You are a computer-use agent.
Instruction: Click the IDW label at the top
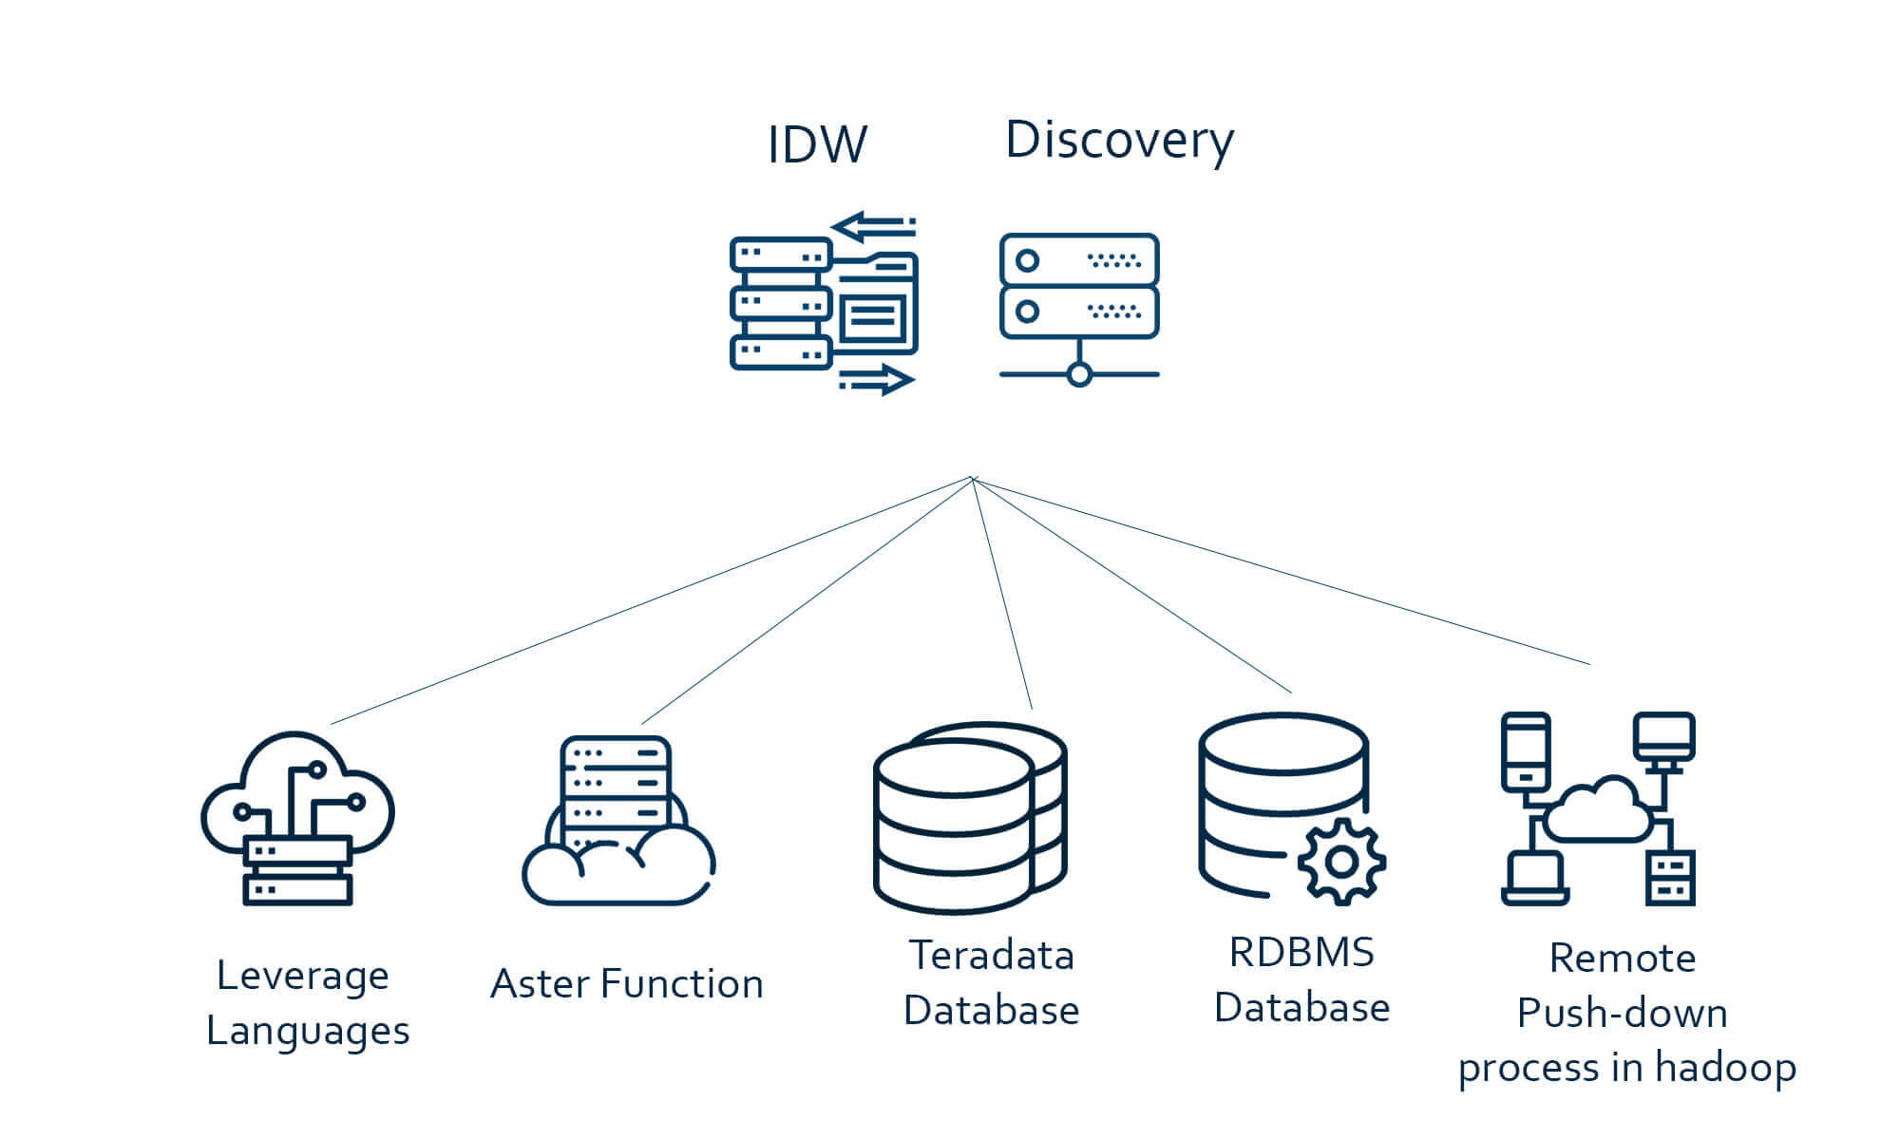coord(817,145)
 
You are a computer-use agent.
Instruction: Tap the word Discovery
coord(1119,141)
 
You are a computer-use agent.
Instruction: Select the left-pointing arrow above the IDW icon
coord(872,227)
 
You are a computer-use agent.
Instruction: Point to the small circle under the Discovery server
coord(1079,374)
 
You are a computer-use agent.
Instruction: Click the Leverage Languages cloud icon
coord(297,817)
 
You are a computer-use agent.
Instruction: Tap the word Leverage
coord(303,977)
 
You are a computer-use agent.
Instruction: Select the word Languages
coord(308,1032)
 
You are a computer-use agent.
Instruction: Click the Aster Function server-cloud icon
coord(617,822)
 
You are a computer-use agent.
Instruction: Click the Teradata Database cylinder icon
coord(969,817)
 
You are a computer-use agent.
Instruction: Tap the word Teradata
coord(992,956)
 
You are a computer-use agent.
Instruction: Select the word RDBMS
coord(1301,953)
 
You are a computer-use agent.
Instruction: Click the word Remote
coord(1623,959)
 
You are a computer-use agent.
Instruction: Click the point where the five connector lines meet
coord(974,479)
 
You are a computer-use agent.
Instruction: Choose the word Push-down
coord(1623,1014)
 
